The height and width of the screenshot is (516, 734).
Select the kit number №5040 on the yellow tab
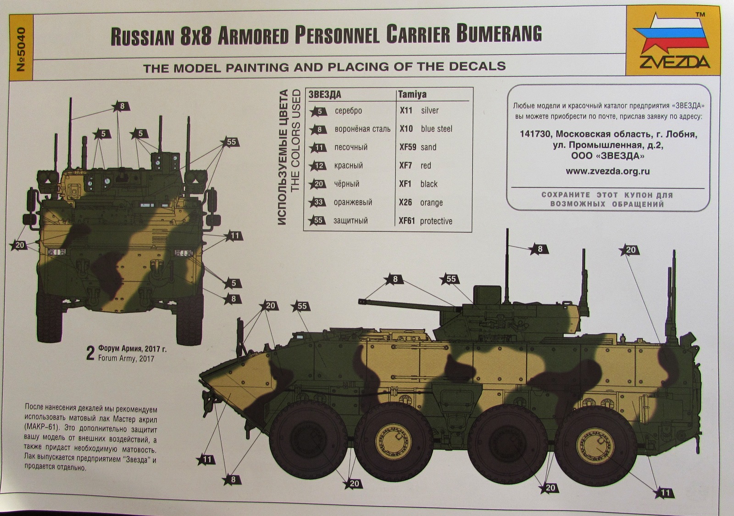coord(21,50)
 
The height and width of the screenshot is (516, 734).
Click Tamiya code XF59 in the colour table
coord(407,147)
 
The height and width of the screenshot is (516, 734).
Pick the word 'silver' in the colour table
coord(429,111)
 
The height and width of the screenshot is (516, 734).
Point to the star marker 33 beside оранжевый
coord(318,202)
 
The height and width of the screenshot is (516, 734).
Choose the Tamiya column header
coord(412,95)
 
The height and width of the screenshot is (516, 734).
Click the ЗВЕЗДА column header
coord(325,95)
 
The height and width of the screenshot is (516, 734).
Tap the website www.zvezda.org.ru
coord(607,171)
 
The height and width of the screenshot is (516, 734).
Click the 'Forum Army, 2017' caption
coord(126,358)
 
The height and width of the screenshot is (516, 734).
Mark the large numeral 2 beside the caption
coord(90,354)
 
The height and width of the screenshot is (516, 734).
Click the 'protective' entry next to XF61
coord(436,221)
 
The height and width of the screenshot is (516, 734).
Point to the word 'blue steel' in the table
coord(436,129)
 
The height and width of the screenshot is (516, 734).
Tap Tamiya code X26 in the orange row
coord(406,202)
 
